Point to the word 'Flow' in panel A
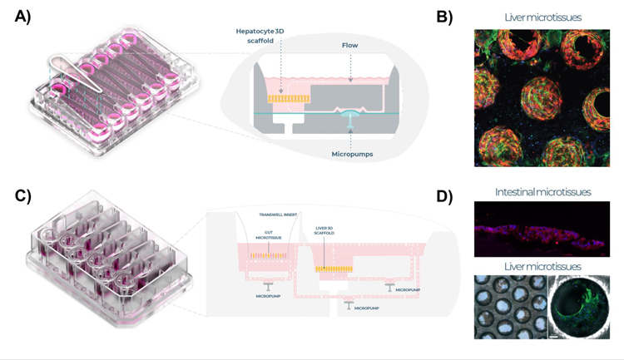[349, 47]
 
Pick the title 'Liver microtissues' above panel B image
[542, 17]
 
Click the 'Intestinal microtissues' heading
[542, 192]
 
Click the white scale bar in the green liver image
[552, 337]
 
